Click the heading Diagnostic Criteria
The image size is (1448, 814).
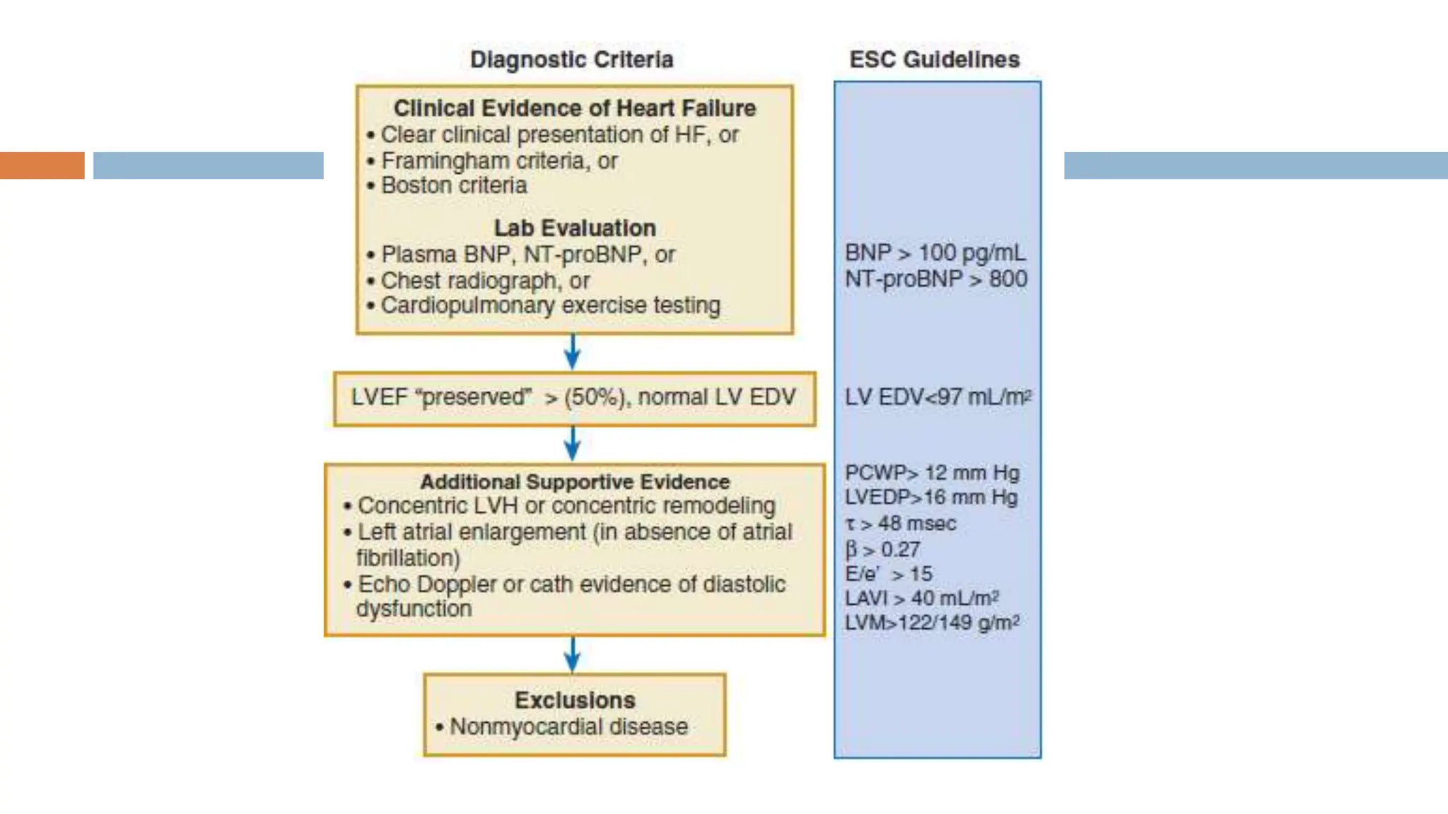[571, 59]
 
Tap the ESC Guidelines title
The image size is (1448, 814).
[934, 59]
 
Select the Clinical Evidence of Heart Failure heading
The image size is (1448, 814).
[574, 108]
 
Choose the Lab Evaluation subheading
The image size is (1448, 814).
[574, 228]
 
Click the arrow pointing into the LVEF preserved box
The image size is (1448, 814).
[573, 351]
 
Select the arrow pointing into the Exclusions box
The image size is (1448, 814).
[573, 654]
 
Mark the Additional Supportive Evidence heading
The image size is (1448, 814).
[574, 482]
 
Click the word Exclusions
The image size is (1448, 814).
[574, 700]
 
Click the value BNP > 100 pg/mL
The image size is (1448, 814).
[935, 252]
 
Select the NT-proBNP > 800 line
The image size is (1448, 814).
[935, 278]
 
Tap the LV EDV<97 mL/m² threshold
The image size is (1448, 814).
[938, 397]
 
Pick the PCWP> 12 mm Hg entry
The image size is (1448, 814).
[932, 472]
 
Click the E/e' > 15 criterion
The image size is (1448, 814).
[889, 574]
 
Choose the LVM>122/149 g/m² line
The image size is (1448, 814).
[932, 623]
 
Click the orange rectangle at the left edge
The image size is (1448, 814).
[42, 165]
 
